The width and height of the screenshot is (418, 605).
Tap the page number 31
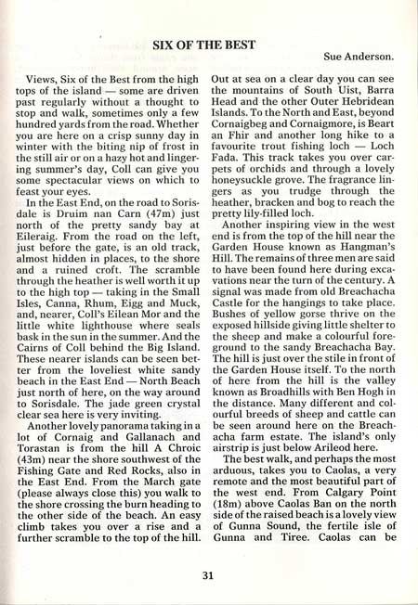tap(210, 573)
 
